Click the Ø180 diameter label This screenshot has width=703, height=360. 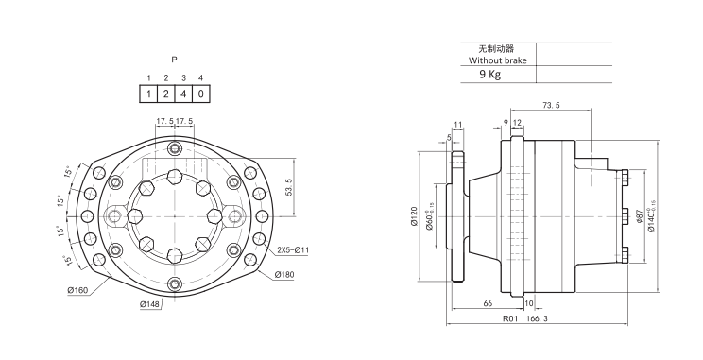click(284, 274)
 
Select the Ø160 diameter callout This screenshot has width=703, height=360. click(78, 290)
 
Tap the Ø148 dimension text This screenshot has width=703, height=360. click(149, 304)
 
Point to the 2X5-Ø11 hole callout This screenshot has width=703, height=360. click(292, 249)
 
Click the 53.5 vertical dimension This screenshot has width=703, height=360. click(289, 187)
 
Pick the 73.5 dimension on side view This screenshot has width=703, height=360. click(551, 106)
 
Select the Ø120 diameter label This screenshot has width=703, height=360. click(414, 216)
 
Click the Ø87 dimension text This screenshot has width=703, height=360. click(640, 216)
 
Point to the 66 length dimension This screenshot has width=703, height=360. click(488, 303)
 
